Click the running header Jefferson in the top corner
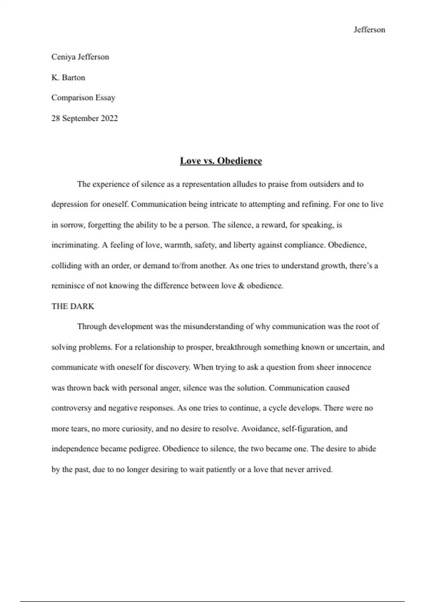[x=369, y=30]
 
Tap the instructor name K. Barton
[x=68, y=78]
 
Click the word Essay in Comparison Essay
[x=106, y=98]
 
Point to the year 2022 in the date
[x=109, y=118]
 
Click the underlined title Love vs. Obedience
[x=221, y=161]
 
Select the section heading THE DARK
[x=73, y=306]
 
